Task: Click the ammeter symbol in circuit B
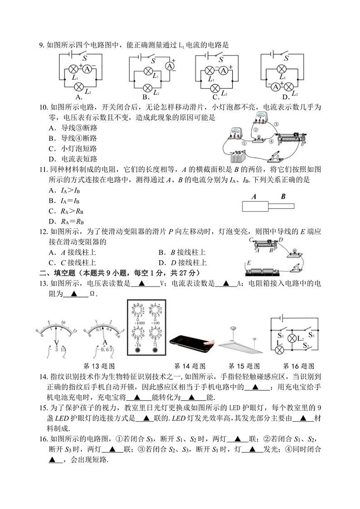(170, 66)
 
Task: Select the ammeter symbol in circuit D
(276, 87)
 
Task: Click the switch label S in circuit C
(221, 59)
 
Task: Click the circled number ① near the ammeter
(244, 142)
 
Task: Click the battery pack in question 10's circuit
(237, 156)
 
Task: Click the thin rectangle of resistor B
(281, 206)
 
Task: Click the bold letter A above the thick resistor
(254, 196)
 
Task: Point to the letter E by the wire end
(248, 263)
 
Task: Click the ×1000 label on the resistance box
(138, 323)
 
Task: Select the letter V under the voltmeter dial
(56, 343)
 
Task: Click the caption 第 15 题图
(244, 366)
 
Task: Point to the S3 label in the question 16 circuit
(311, 335)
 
